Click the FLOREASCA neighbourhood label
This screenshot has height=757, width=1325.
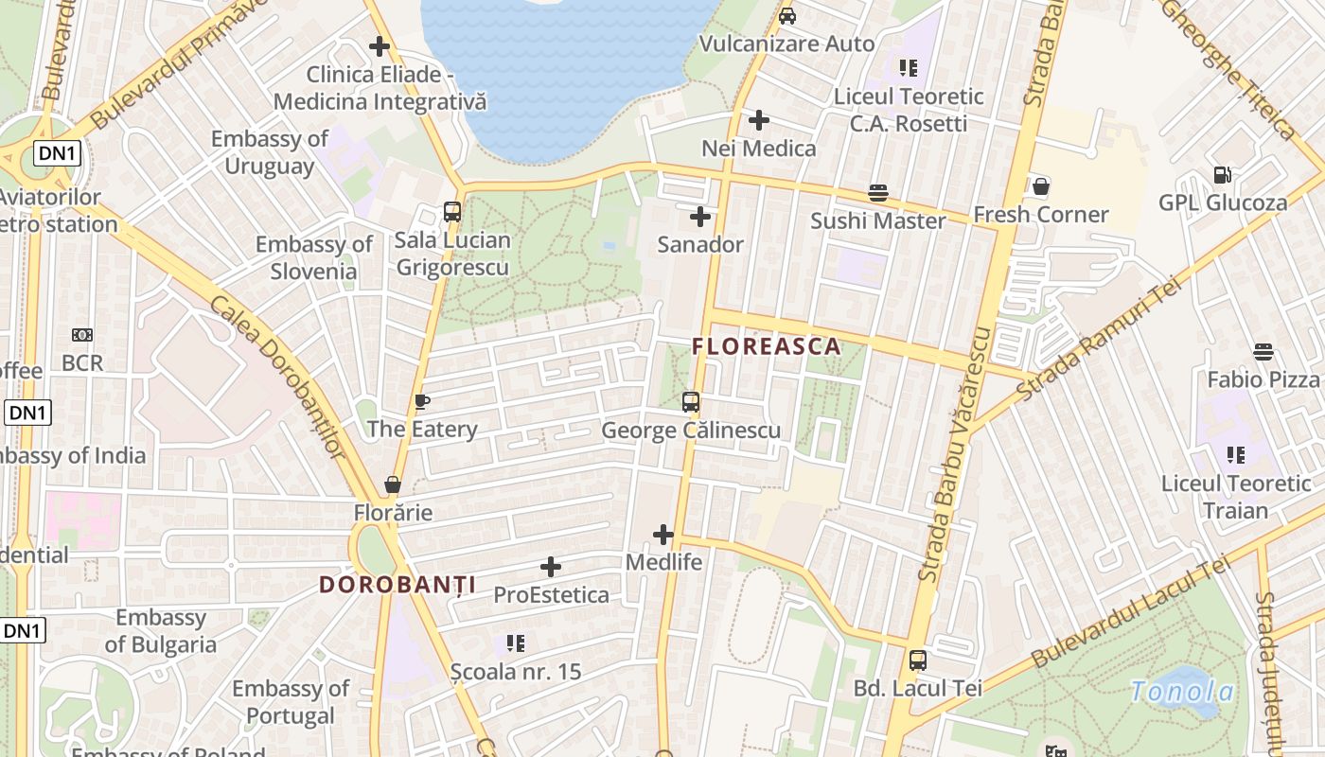[x=767, y=346]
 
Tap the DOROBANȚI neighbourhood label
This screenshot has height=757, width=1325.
[x=397, y=585]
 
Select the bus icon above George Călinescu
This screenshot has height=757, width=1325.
[x=691, y=402]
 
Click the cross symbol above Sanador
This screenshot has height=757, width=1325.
[x=700, y=217]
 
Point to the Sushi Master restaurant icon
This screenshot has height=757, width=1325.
[x=878, y=193]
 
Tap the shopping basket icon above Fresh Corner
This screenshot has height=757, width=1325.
[x=1041, y=186]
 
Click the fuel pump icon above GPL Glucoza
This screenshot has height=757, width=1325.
[x=1223, y=175]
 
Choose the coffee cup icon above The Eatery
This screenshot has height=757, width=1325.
[x=422, y=402]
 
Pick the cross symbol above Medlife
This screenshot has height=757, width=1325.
[x=663, y=535]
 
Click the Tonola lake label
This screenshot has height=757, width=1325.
[x=1183, y=692]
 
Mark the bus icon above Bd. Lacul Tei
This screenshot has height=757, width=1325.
[x=917, y=660]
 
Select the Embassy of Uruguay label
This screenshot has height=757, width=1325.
[x=270, y=152]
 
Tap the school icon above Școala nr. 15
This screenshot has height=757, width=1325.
[x=516, y=644]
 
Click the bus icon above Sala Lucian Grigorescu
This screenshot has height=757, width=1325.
[x=452, y=212]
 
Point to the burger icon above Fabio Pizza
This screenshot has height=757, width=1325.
[x=1263, y=352]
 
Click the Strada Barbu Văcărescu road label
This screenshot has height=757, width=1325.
[x=956, y=454]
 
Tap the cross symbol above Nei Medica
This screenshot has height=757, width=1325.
[x=759, y=120]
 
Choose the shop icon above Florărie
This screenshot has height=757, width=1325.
[x=393, y=485]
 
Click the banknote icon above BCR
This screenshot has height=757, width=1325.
[x=82, y=335]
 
